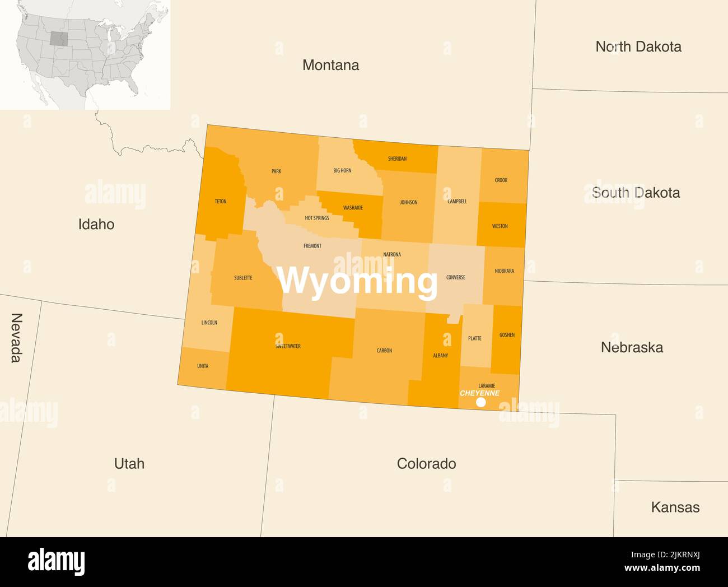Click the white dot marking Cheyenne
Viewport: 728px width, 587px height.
pos(480,402)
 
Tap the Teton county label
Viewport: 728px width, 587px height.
pos(221,201)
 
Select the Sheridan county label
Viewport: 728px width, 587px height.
pos(397,159)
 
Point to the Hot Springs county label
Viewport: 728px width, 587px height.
pos(317,218)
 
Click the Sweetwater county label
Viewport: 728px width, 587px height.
pos(288,346)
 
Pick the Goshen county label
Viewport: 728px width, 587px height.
pos(507,335)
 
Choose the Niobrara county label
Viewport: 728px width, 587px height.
pos(504,271)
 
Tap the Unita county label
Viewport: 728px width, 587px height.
pos(203,366)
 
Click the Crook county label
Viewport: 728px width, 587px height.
pos(501,180)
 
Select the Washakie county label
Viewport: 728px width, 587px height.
pos(353,208)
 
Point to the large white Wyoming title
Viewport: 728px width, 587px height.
pos(357,281)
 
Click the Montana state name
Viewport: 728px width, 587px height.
pos(330,65)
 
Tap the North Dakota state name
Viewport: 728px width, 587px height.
pos(638,46)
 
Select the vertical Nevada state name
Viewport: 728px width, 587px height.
pos(16,338)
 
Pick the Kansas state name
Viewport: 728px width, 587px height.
pos(675,507)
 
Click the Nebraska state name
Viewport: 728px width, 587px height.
pos(632,347)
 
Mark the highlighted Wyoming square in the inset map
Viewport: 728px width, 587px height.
pos(59,38)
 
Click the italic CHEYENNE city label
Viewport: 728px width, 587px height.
pos(479,393)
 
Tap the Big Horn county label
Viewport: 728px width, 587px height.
pos(342,170)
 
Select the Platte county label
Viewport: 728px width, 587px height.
pos(474,338)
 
